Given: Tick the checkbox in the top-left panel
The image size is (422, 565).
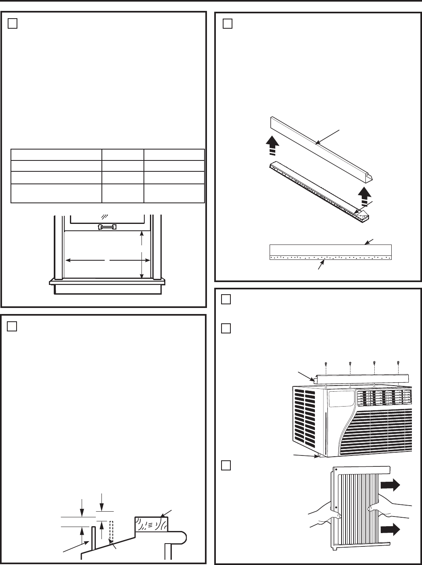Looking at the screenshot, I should [12, 24].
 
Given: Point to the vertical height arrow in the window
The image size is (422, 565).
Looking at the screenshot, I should [141, 255].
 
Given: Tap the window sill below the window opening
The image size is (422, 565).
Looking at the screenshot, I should [107, 281].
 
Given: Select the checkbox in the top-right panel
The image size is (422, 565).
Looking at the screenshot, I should [228, 24].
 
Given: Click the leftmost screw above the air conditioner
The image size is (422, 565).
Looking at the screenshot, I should [325, 363].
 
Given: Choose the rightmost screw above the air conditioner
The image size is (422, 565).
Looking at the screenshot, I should [399, 363].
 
